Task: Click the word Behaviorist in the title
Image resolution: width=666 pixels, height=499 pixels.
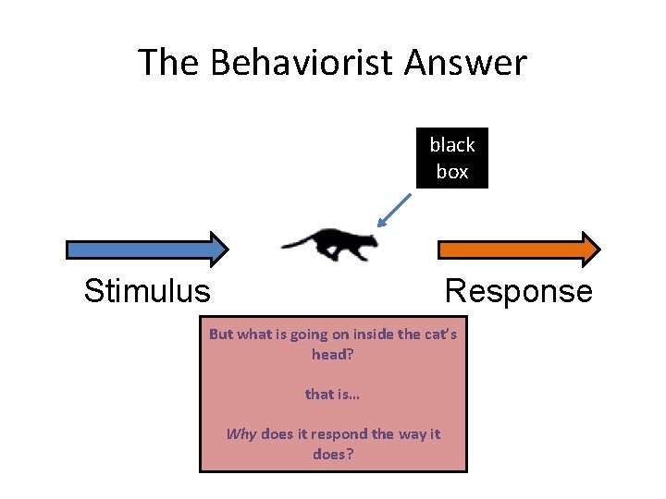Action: tap(305, 63)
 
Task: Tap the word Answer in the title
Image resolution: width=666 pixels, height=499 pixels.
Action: tap(468, 63)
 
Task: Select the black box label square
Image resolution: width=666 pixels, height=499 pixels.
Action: tap(451, 158)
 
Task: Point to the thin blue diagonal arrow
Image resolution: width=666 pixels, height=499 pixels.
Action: tap(395, 209)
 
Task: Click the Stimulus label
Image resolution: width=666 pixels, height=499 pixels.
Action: tap(147, 291)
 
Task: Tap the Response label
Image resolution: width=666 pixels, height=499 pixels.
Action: tap(518, 291)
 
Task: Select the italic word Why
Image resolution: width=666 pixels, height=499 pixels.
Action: tap(240, 434)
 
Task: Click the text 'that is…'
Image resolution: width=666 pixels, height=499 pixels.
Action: tap(333, 394)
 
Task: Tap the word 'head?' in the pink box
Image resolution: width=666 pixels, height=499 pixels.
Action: tap(333, 354)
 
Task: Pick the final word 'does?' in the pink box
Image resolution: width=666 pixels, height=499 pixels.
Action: tap(333, 454)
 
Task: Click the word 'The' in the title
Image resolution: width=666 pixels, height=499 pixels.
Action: tap(170, 63)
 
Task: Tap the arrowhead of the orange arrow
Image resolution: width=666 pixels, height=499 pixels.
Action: tap(588, 249)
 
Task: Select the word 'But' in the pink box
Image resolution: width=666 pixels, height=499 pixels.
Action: tap(221, 335)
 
